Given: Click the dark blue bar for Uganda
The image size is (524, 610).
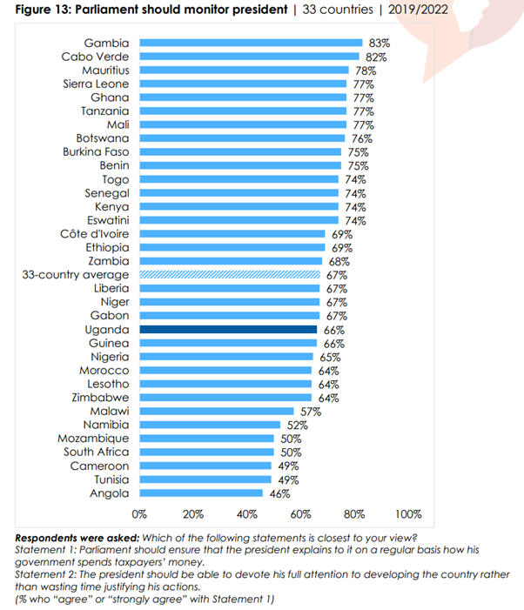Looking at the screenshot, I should tap(227, 330).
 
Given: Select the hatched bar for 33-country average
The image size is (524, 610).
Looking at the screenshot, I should tap(230, 275).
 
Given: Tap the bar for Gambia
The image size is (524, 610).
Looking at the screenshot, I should tap(251, 42).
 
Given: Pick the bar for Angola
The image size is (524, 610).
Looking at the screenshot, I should tap(201, 493).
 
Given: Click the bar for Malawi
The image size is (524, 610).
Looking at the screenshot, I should tap(216, 411).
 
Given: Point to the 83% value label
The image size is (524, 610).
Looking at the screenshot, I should tap(379, 43).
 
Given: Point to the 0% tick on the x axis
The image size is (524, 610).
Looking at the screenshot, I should tap(139, 513).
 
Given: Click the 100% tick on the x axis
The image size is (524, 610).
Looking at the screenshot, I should tap(407, 513).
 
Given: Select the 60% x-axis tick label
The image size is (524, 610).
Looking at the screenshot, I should tap(301, 513).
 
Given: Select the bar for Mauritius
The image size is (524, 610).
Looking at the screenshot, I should tap(244, 70).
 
